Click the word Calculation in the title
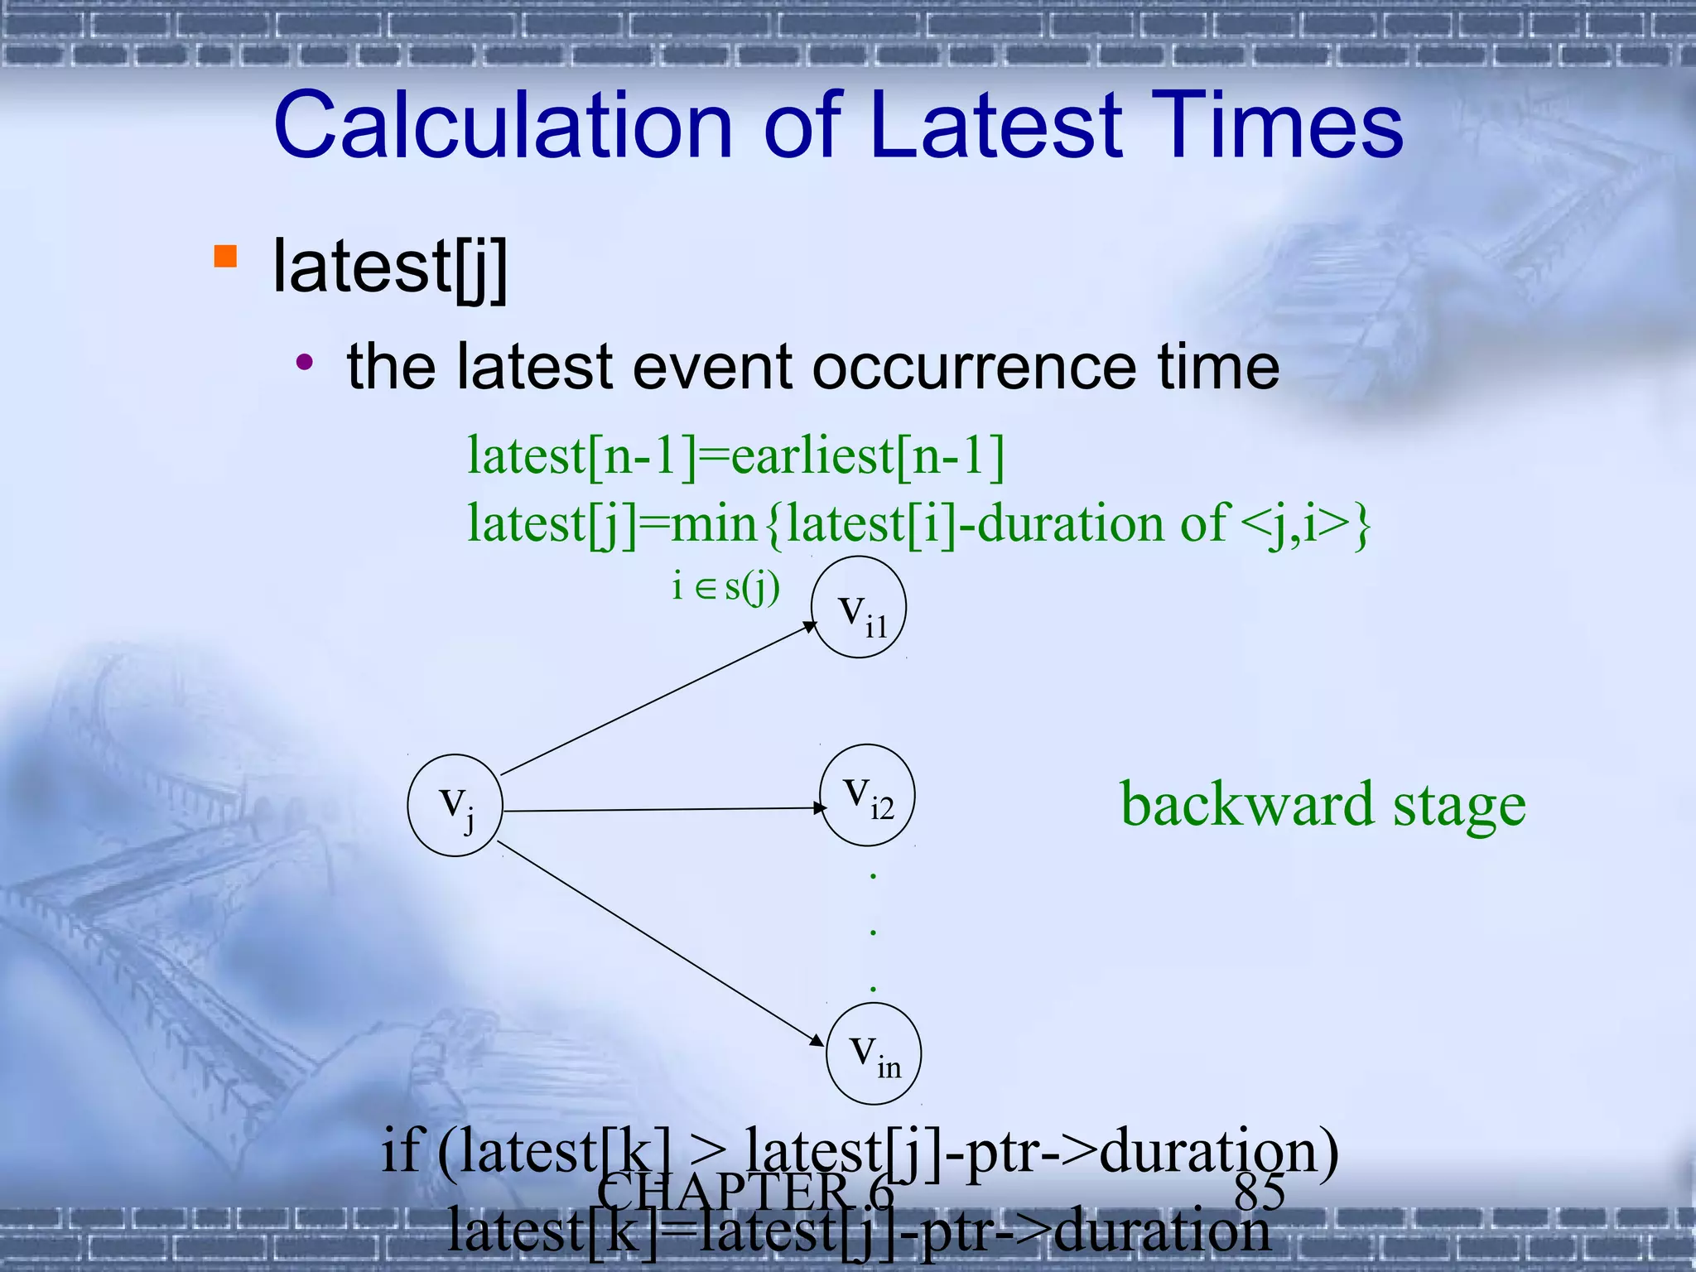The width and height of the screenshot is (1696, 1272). pyautogui.click(x=502, y=126)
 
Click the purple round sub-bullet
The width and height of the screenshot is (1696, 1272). pyautogui.click(x=306, y=361)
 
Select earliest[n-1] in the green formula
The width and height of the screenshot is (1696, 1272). pyautogui.click(x=868, y=455)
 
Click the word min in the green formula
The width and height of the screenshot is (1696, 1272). pyautogui.click(x=714, y=524)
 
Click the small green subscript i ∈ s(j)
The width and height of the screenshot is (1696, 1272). pyautogui.click(x=725, y=587)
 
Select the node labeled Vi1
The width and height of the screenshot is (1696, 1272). pyautogui.click(x=859, y=607)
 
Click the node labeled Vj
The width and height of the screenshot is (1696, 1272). pyautogui.click(x=455, y=805)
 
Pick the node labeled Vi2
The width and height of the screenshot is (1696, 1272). pyautogui.click(x=867, y=795)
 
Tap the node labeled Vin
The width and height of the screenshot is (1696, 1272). pyautogui.click(x=874, y=1053)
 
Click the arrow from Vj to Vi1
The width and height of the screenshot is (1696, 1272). pyautogui.click(x=658, y=700)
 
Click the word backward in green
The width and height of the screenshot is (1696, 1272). pyautogui.click(x=1249, y=805)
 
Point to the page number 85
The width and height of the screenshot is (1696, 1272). pyautogui.click(x=1259, y=1192)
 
